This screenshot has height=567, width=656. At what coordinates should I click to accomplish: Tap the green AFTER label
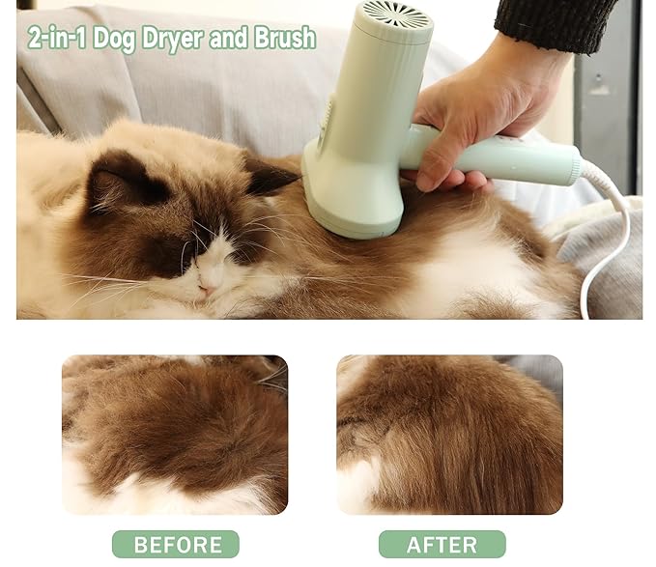click(x=442, y=544)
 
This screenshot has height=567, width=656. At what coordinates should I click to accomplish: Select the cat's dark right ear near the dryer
click(x=265, y=177)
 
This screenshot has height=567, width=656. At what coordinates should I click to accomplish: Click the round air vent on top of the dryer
click(x=395, y=16)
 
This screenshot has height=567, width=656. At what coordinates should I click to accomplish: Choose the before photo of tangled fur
click(x=175, y=435)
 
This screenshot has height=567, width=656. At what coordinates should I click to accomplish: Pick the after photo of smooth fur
click(x=449, y=435)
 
